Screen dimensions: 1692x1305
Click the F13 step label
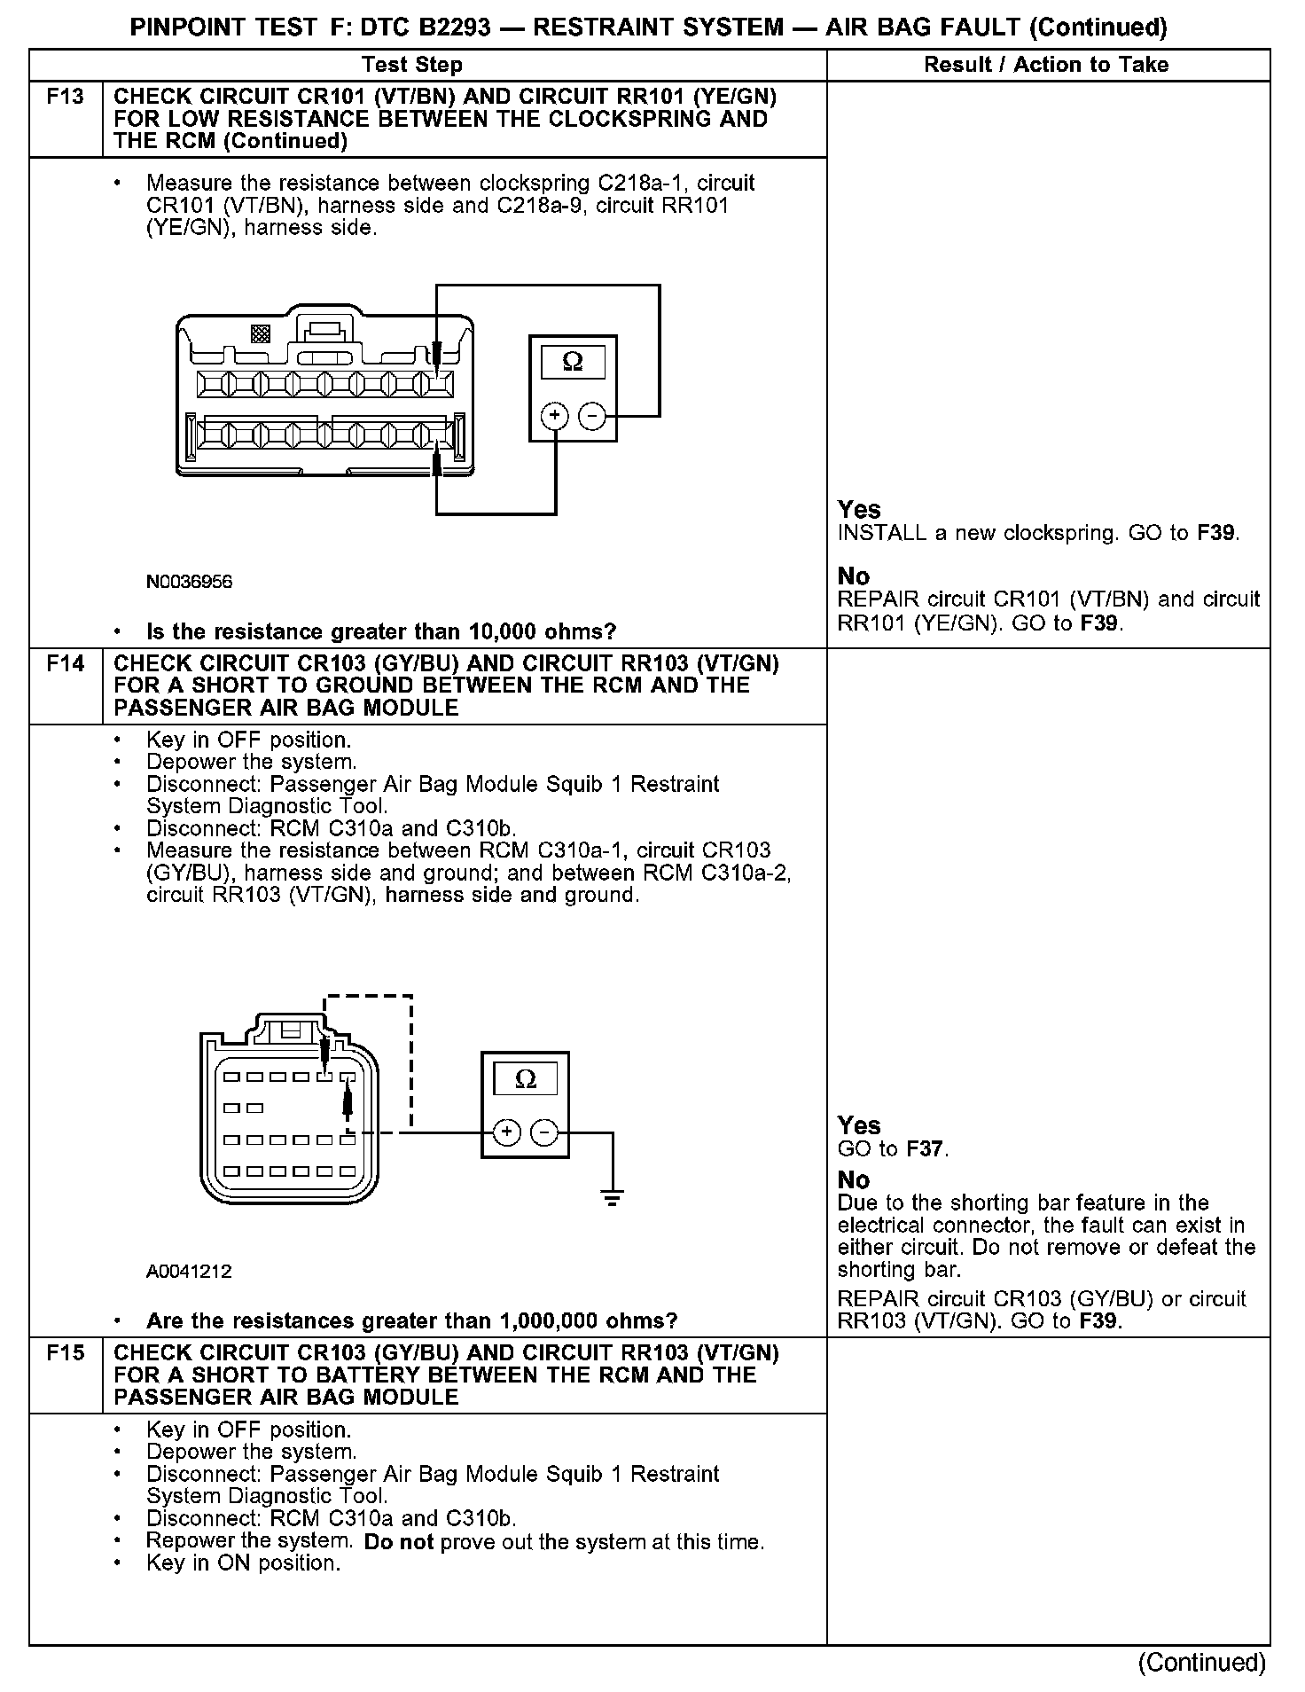tap(66, 96)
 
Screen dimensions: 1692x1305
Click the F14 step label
tap(66, 662)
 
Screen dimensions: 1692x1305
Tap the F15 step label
tap(66, 1352)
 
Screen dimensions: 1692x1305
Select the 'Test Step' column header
tap(412, 65)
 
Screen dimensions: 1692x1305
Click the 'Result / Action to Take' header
tap(1046, 65)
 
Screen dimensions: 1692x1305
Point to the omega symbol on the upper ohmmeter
tap(573, 362)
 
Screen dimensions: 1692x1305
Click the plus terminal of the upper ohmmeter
tap(554, 416)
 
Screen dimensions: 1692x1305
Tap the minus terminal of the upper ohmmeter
tap(592, 416)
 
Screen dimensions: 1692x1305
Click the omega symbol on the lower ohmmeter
tap(526, 1078)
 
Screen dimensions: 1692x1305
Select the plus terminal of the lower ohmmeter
tap(506, 1132)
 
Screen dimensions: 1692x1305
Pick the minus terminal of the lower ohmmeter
tap(544, 1132)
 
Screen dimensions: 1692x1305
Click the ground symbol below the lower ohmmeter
tap(612, 1198)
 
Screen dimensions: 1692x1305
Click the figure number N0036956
tap(189, 582)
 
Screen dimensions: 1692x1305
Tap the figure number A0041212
tap(189, 1271)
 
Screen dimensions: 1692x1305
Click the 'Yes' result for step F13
tap(859, 509)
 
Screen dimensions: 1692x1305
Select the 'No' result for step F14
tap(854, 1179)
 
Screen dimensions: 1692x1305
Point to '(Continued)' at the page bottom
tap(1201, 1662)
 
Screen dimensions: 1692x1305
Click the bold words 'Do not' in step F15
tap(398, 1542)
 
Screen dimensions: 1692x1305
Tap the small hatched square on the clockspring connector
tap(261, 333)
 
